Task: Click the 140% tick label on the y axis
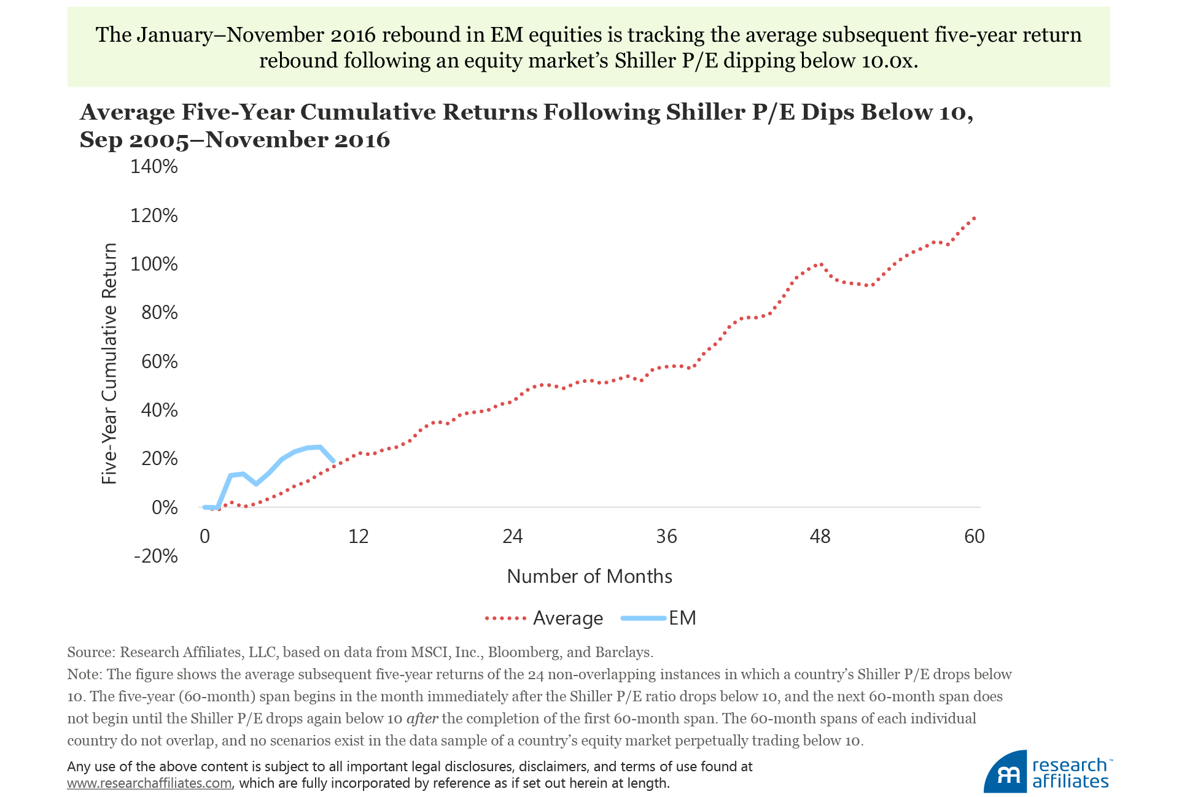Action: [x=154, y=166]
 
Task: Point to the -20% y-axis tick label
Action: [x=155, y=556]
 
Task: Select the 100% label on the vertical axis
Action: [x=154, y=264]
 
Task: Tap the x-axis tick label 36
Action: [x=666, y=537]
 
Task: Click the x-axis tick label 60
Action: [x=974, y=537]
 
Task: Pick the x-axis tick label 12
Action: [x=358, y=537]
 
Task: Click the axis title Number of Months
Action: [x=589, y=576]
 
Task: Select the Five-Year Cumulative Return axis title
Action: [x=109, y=363]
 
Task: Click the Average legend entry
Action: [x=567, y=618]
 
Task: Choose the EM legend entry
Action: [x=682, y=618]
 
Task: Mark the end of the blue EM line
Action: [x=333, y=461]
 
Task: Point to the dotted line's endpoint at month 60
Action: [x=975, y=218]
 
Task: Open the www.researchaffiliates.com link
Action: [x=149, y=784]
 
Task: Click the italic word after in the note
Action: [x=422, y=718]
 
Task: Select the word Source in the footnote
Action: [x=90, y=652]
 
